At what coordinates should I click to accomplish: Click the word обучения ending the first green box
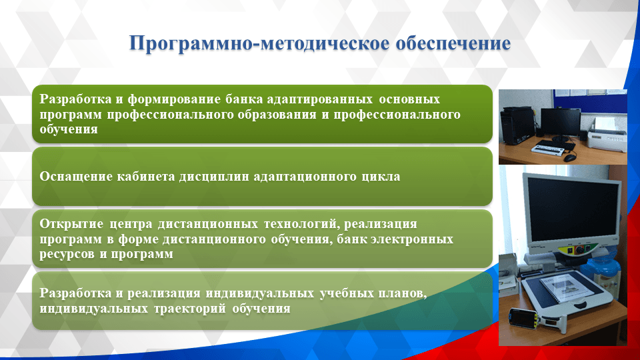coord(69,129)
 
